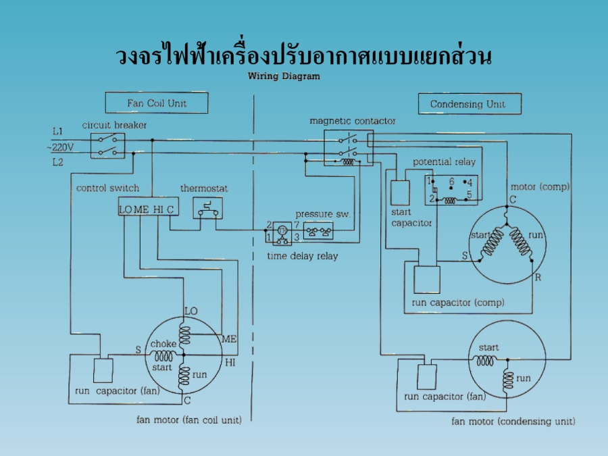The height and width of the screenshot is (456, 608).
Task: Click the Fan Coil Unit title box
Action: click(x=157, y=103)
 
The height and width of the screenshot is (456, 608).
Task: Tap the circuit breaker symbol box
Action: click(x=108, y=145)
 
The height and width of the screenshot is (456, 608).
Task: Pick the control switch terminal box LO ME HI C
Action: click(x=147, y=209)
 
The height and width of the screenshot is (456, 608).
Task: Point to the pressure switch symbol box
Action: click(x=318, y=232)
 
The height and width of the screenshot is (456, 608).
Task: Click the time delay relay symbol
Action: click(x=282, y=232)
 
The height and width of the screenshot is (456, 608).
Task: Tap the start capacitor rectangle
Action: click(x=401, y=193)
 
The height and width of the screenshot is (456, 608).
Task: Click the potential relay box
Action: click(x=451, y=190)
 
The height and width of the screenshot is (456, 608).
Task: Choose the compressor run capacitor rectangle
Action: click(x=427, y=279)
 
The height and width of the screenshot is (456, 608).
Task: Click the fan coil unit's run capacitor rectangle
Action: click(x=103, y=370)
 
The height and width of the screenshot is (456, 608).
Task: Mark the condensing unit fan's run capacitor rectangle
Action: click(x=428, y=375)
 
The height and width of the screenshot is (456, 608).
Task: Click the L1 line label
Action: click(x=58, y=130)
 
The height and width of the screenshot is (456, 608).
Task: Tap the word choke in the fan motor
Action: click(x=163, y=344)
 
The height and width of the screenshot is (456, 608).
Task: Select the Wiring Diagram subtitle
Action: click(x=284, y=76)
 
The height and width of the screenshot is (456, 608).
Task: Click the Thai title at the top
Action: click(x=303, y=55)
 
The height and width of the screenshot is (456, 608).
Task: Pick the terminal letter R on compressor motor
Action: click(x=538, y=278)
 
